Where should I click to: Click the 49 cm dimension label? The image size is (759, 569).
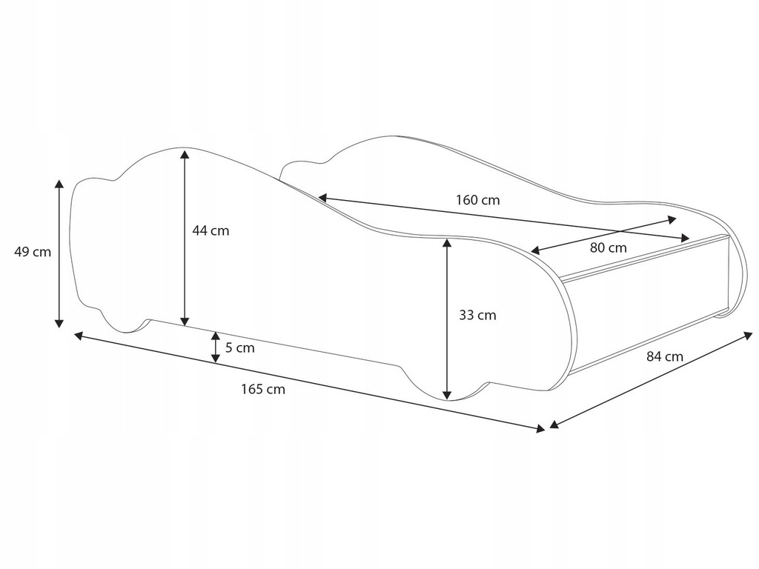click(x=33, y=252)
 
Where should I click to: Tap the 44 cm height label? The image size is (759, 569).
click(x=211, y=230)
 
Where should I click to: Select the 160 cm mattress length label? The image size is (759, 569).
click(x=477, y=200)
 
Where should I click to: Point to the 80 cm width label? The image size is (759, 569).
click(x=608, y=247)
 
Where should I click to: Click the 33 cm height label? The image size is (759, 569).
click(x=477, y=315)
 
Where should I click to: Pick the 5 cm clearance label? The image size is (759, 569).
click(x=239, y=347)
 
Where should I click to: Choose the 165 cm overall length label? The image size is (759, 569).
click(x=263, y=389)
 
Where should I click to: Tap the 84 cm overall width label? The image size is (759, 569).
click(x=664, y=356)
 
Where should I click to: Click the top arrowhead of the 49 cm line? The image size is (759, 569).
click(x=59, y=183)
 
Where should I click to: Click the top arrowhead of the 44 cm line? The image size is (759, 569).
click(x=185, y=153)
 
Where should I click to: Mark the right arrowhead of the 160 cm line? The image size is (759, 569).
click(x=685, y=237)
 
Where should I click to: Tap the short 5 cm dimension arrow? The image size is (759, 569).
click(x=216, y=347)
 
